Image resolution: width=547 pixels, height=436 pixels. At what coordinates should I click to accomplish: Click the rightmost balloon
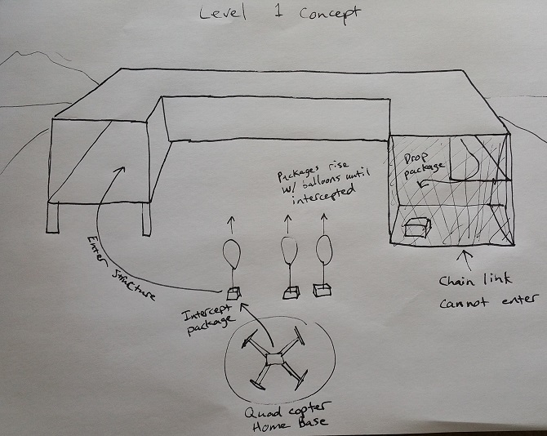click(x=324, y=248)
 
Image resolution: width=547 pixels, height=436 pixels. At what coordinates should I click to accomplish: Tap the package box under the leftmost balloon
click(x=233, y=292)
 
